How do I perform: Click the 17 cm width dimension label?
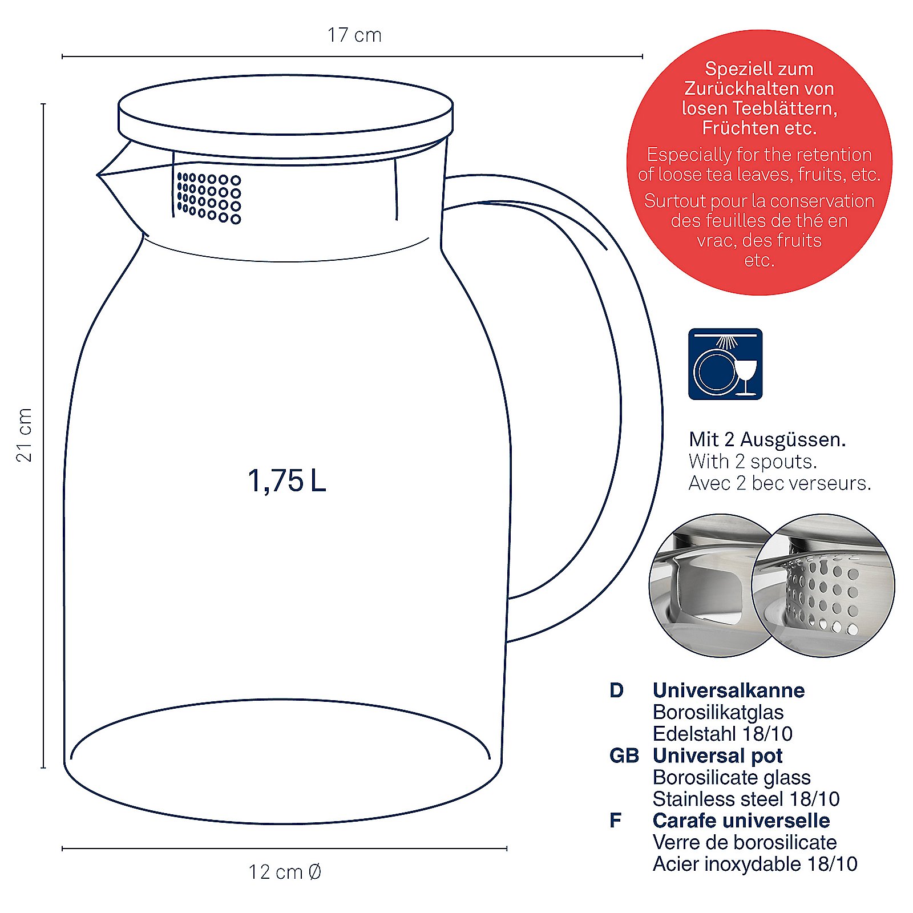(354, 35)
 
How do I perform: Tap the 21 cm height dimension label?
(25, 435)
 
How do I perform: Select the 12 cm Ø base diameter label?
(285, 872)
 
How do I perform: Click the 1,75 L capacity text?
(286, 480)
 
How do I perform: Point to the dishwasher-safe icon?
(725, 364)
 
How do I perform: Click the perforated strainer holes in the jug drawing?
(209, 198)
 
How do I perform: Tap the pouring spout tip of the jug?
(98, 175)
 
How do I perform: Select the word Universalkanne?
(729, 690)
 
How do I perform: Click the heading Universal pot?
(717, 756)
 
